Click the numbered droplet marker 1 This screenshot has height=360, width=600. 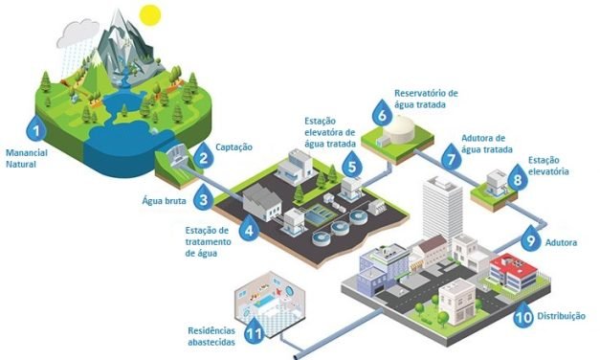(x=36, y=129)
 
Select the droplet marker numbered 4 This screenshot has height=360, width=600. (x=250, y=230)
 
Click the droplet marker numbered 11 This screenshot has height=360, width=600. (x=254, y=332)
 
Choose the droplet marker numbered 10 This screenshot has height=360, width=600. (x=523, y=316)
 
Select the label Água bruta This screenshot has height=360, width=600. (x=162, y=202)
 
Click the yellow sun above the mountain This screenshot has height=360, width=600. (x=148, y=15)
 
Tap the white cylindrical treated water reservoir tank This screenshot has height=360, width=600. (x=412, y=126)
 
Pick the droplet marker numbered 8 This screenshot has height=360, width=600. (x=518, y=178)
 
